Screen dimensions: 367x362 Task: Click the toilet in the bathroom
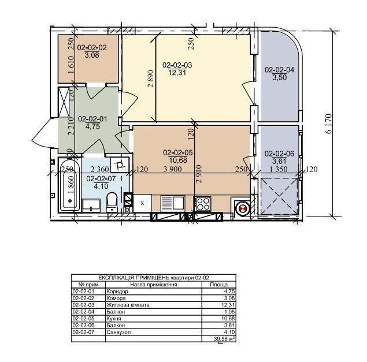112,202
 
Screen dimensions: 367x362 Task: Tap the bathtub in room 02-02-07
69,185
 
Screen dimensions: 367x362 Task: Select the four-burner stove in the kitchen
202,204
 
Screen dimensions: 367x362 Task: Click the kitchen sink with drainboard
173,203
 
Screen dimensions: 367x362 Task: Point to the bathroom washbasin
91,206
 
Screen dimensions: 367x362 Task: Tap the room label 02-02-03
177,65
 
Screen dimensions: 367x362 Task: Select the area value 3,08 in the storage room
92,55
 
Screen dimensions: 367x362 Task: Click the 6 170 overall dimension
329,124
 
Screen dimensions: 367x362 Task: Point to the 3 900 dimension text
172,169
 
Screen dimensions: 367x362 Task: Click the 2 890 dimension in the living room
151,79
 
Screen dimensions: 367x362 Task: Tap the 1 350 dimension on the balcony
279,169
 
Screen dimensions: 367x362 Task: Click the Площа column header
219,285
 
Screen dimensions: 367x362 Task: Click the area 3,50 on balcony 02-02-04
280,77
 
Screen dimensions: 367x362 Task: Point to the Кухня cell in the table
114,319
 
